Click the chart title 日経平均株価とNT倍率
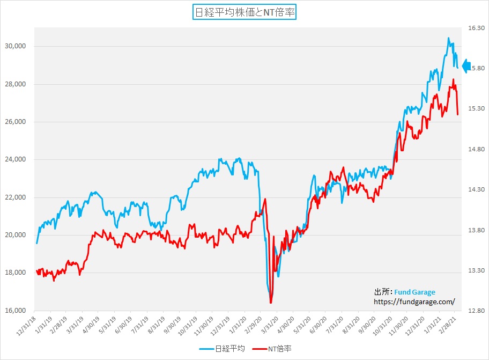pyautogui.click(x=244, y=12)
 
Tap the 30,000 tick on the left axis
pyautogui.click(x=16, y=47)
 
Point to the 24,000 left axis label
pyautogui.click(x=16, y=160)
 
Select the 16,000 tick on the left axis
pyautogui.click(x=16, y=311)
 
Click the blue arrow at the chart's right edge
pyautogui.click(x=466, y=66)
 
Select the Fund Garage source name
pyautogui.click(x=414, y=292)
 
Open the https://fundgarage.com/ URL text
pyautogui.click(x=414, y=302)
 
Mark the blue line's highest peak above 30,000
pyautogui.click(x=448, y=38)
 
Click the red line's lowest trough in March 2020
pyautogui.click(x=271, y=303)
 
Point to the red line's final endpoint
pyautogui.click(x=457, y=114)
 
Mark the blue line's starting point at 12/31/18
pyautogui.click(x=36, y=243)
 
